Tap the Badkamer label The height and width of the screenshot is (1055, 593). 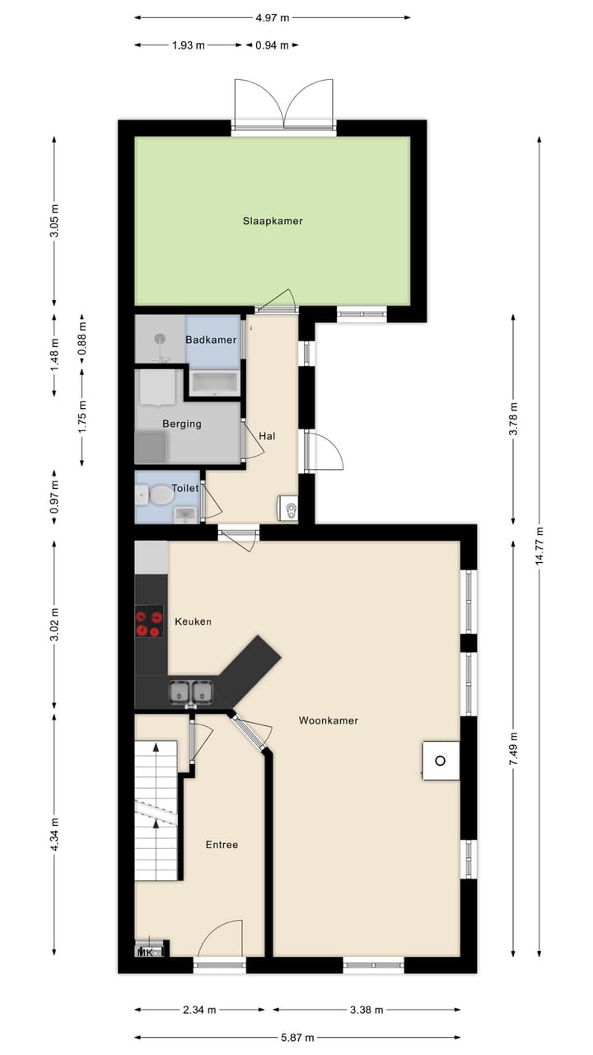(211, 340)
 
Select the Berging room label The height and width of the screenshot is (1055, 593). (181, 424)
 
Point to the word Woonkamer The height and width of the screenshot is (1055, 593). (328, 720)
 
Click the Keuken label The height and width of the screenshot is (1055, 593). (193, 621)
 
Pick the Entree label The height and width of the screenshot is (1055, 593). (222, 844)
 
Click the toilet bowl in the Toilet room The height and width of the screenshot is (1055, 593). (161, 495)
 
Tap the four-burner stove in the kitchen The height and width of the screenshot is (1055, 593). (149, 621)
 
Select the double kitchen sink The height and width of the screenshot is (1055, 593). (191, 692)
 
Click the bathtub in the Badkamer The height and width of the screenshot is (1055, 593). (214, 382)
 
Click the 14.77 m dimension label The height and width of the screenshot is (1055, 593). (539, 544)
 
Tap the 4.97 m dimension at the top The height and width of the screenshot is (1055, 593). (273, 17)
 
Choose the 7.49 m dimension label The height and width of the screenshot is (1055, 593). (514, 750)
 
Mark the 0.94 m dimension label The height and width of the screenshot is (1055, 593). (272, 45)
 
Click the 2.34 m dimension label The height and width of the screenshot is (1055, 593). (200, 1010)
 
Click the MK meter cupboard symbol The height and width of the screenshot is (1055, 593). (148, 953)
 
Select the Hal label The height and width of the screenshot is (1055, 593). (267, 436)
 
